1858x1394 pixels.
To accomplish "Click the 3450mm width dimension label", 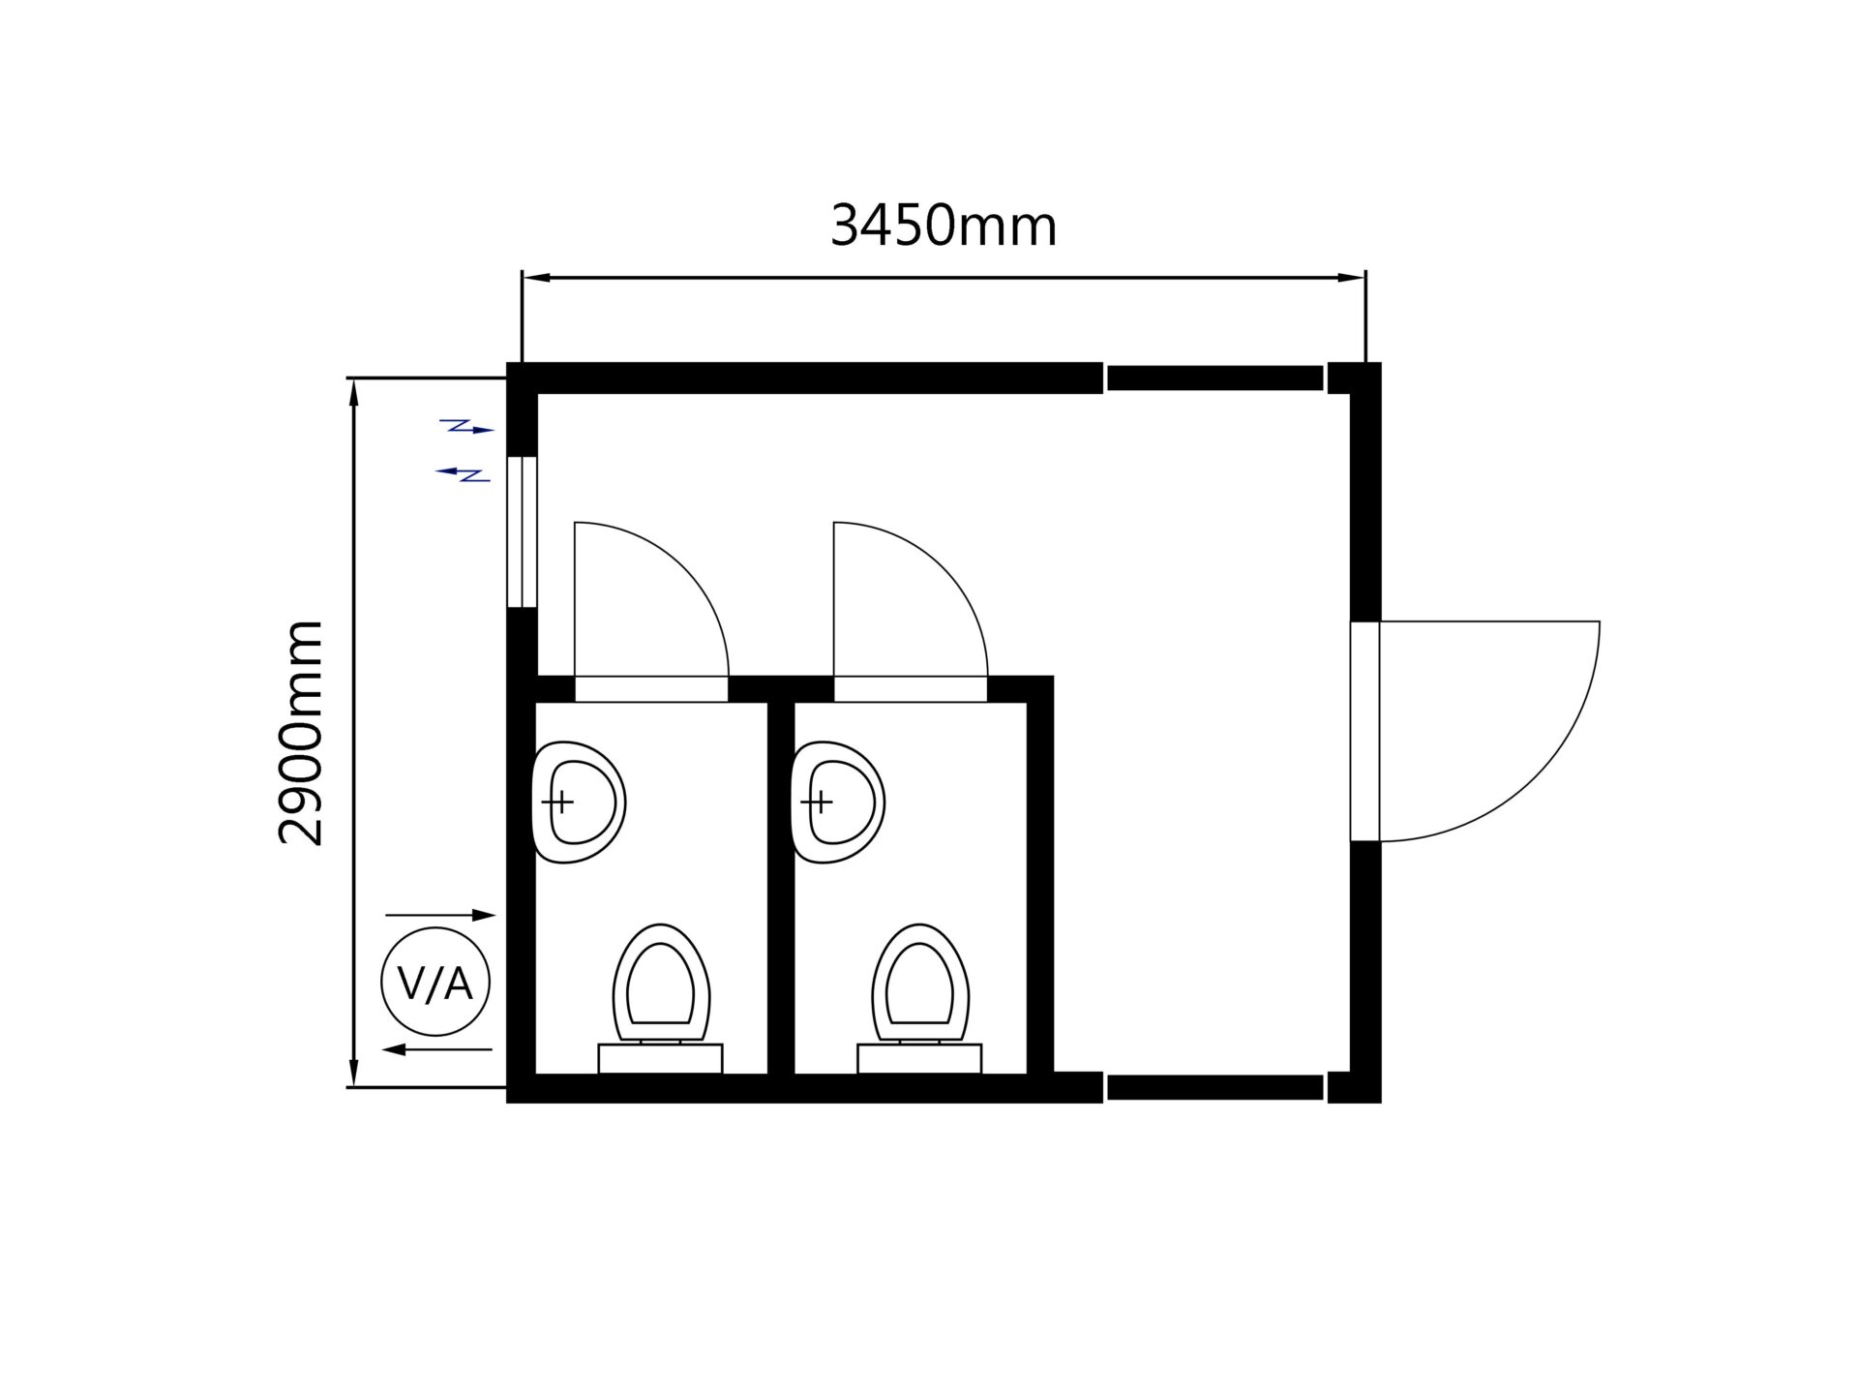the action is [944, 227].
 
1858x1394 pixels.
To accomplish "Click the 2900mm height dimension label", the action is [300, 733].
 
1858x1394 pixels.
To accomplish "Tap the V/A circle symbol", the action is [435, 983].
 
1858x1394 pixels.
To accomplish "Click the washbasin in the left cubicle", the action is [579, 803].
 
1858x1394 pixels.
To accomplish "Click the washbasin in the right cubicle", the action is [838, 803].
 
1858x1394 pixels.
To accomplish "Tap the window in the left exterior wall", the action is [522, 531].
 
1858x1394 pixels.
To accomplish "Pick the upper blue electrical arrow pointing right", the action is [467, 426].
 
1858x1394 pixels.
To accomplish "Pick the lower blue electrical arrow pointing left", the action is [463, 473].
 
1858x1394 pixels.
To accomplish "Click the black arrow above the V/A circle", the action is [440, 915].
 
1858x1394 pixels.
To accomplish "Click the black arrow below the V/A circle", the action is [436, 1049].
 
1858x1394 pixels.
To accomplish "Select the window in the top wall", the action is [1214, 378].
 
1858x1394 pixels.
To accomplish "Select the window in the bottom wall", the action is [1214, 1087].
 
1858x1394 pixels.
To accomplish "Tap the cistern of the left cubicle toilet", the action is [661, 1059].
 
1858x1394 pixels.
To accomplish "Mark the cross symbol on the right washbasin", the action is [819, 802].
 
